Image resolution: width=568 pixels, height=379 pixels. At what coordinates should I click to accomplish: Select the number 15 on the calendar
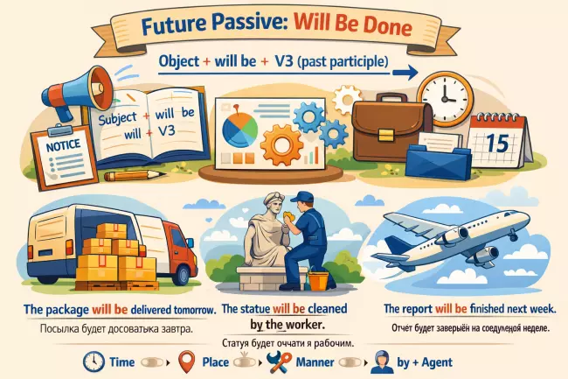(494, 144)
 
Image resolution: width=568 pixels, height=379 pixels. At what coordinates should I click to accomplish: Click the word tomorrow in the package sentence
(184, 310)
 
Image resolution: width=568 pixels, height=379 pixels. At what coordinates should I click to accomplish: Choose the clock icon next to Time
(94, 362)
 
